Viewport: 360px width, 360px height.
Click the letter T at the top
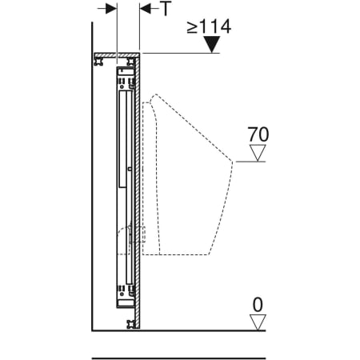click(166, 8)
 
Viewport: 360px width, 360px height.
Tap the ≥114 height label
click(209, 26)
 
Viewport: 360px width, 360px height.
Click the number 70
click(258, 134)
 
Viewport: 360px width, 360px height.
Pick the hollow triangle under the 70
click(258, 153)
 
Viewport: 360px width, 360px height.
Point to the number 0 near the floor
click(258, 305)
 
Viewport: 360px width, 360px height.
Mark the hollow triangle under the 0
click(258, 322)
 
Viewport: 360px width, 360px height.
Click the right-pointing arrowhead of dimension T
click(111, 9)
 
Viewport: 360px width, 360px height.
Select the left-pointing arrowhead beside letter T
click(146, 9)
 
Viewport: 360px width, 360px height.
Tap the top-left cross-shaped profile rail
click(99, 61)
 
